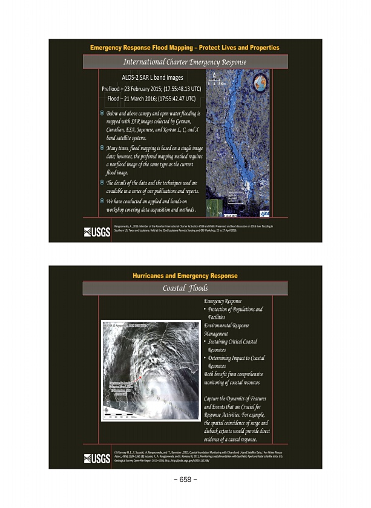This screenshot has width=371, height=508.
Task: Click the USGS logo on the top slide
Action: [97, 232]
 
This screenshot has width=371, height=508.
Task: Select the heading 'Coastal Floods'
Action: [185, 288]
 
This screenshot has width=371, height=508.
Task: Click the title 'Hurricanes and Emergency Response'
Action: [185, 276]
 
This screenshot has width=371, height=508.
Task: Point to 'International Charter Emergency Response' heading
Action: [185, 62]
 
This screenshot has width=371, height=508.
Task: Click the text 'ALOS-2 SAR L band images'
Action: [152, 77]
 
